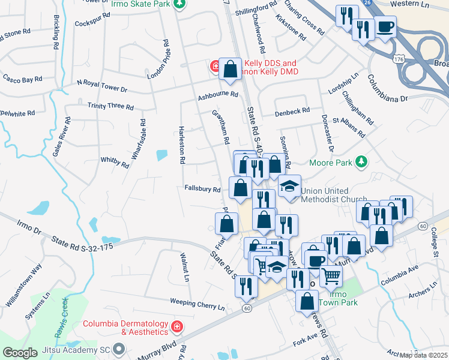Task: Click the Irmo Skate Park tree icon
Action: [179, 4]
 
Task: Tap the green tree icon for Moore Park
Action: [361, 161]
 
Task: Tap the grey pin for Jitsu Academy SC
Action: [119, 348]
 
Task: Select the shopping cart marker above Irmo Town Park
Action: [331, 275]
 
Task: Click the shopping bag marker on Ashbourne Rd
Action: [230, 70]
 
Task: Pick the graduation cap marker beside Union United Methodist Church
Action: [289, 186]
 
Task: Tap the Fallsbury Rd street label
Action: [203, 189]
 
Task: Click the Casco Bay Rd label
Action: [22, 79]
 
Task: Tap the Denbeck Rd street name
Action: [292, 111]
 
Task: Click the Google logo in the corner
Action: [20, 353]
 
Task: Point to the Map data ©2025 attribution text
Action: [423, 355]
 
